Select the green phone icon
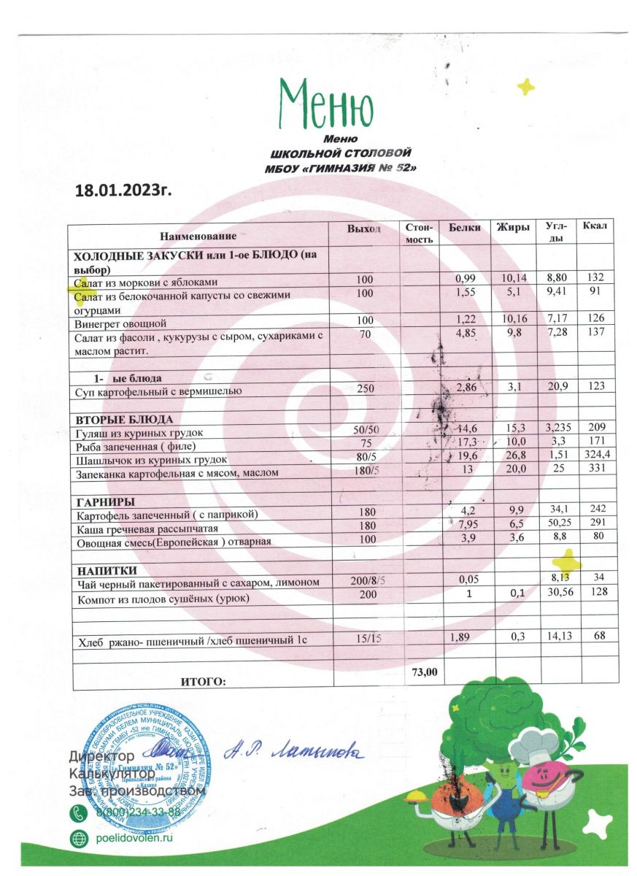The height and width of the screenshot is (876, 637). coord(78,812)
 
